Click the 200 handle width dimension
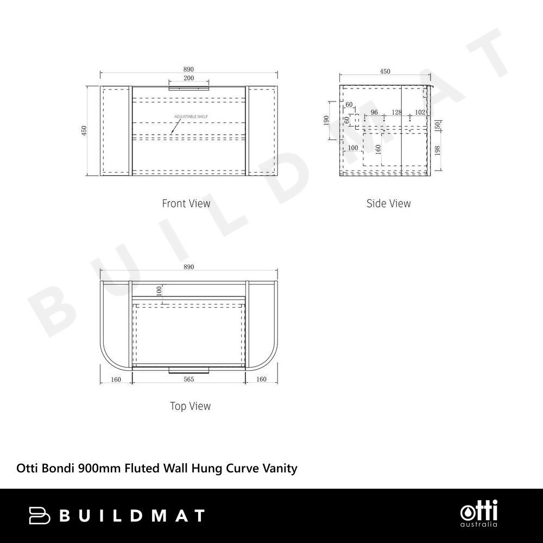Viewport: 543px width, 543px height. pyautogui.click(x=189, y=78)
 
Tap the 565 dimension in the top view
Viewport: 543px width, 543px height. pyautogui.click(x=189, y=380)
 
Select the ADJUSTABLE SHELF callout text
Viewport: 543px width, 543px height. pyautogui.click(x=191, y=117)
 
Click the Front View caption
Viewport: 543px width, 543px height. pyautogui.click(x=186, y=203)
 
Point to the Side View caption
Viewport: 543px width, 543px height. pyautogui.click(x=389, y=203)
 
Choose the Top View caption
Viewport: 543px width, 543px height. pyautogui.click(x=190, y=406)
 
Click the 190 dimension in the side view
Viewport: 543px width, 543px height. pyautogui.click(x=326, y=121)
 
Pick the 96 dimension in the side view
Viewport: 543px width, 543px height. pyautogui.click(x=374, y=112)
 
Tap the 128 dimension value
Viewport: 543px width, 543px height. pyautogui.click(x=396, y=112)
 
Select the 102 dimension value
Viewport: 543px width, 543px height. pyautogui.click(x=420, y=112)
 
